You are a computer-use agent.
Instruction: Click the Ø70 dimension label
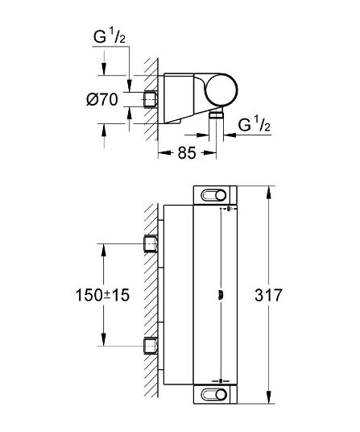101,99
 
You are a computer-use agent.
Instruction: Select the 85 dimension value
187,152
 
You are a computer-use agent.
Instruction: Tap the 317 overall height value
268,295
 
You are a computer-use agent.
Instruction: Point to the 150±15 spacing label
102,295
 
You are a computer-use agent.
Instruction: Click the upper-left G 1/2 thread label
110,36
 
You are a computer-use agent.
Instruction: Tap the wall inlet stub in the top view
151,99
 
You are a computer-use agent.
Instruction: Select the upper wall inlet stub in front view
151,244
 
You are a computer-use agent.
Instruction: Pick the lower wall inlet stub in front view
151,345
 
